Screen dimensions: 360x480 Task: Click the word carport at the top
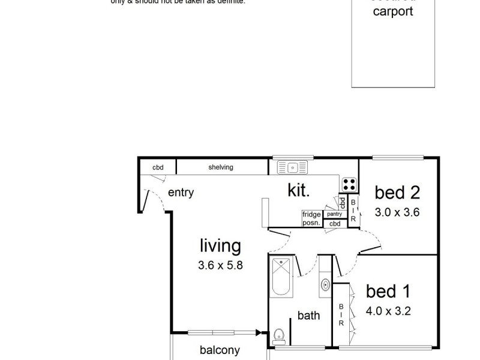click(393, 11)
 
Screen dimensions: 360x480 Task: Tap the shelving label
click(221, 167)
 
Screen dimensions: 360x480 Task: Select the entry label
click(181, 193)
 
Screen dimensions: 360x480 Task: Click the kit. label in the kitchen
click(299, 191)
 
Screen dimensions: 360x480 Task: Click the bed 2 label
click(397, 193)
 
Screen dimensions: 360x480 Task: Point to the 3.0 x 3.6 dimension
click(397, 212)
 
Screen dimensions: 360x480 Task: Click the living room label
click(220, 245)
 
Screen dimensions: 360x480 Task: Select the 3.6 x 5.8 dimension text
click(220, 265)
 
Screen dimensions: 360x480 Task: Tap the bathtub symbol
click(281, 275)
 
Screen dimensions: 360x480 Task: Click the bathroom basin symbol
click(325, 284)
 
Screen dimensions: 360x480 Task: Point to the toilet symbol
click(278, 335)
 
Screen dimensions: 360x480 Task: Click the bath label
click(308, 315)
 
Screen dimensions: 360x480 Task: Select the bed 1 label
click(388, 292)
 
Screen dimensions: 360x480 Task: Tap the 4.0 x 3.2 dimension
click(388, 311)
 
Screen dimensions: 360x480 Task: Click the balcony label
click(220, 350)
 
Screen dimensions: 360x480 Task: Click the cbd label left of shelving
click(158, 167)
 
